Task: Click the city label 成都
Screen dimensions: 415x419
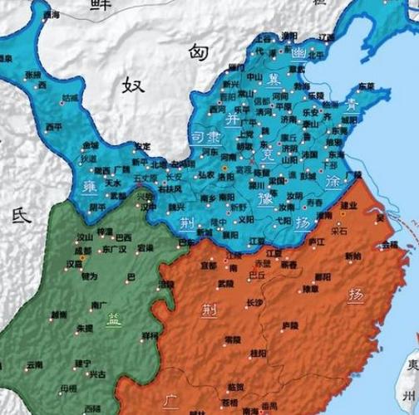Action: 82,249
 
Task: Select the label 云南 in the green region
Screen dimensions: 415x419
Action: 34,364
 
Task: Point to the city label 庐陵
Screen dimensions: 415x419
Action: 290,325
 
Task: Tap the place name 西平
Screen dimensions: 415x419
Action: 54,127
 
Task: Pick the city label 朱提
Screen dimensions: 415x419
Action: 85,328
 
